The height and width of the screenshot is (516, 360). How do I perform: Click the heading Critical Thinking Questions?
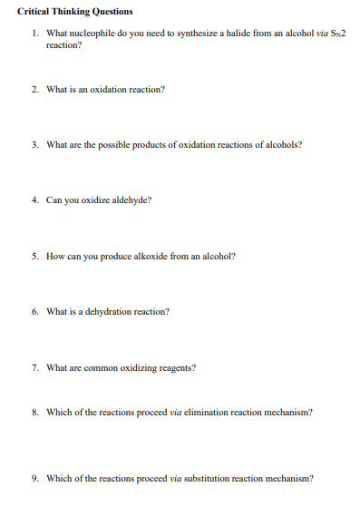tap(74, 12)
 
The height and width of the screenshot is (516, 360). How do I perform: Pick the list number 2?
tap(34, 90)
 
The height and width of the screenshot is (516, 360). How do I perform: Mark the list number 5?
tap(34, 256)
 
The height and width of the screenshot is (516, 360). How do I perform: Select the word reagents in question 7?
tap(176, 367)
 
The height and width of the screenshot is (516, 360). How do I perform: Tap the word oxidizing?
tap(135, 367)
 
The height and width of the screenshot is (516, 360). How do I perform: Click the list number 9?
tap(34, 478)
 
